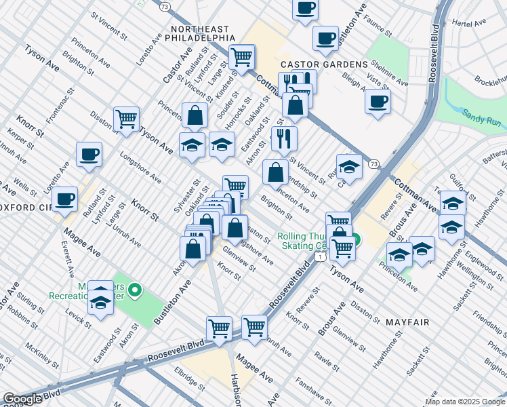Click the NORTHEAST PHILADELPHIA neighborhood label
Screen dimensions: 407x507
pos(203,33)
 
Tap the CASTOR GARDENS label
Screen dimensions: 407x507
pos(324,64)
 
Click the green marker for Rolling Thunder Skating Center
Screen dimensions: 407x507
pos(355,240)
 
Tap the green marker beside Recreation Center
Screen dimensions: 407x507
pos(135,291)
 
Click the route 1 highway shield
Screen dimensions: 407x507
pos(318,256)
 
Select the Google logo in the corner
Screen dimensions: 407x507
pos(22,399)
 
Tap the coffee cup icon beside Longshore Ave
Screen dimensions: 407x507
pos(89,154)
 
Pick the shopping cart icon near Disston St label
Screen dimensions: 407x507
pos(126,119)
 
